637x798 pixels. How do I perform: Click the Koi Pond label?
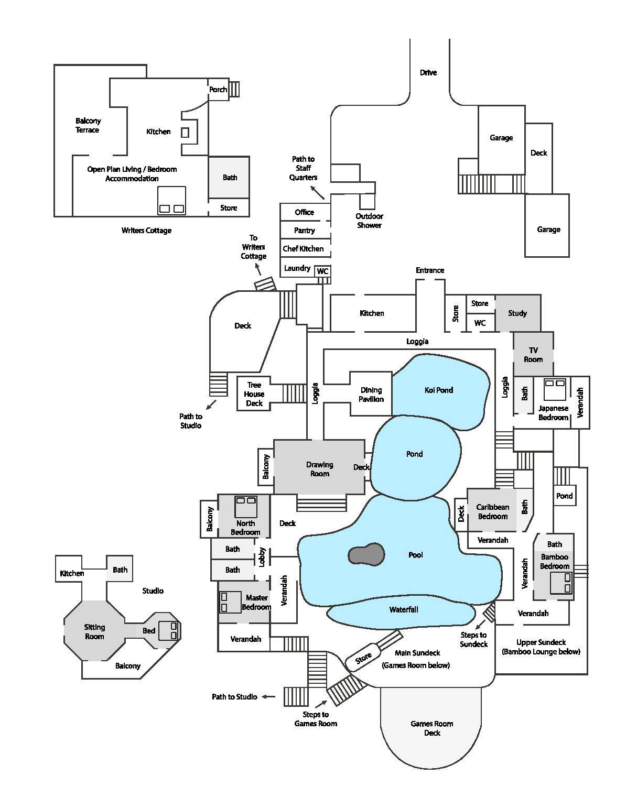438,390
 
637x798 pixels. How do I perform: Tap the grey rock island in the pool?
366,554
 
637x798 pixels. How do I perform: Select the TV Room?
533,355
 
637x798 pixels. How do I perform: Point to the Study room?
517,313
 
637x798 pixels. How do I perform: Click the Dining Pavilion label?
371,395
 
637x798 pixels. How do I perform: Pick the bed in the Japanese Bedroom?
554,389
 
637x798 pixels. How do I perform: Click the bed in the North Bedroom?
245,507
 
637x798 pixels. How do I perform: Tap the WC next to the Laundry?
322,271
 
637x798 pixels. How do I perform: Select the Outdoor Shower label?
369,221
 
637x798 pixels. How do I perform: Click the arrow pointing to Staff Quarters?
317,192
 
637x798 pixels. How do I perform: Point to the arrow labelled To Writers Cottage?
257,269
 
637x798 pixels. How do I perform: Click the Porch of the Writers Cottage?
218,90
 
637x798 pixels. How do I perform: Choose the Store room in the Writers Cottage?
229,208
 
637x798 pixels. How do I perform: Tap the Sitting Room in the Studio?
94,631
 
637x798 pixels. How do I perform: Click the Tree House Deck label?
254,394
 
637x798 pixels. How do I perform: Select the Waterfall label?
404,609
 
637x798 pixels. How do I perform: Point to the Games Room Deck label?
432,728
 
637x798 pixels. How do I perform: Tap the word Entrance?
430,270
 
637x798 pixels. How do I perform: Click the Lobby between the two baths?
262,557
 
